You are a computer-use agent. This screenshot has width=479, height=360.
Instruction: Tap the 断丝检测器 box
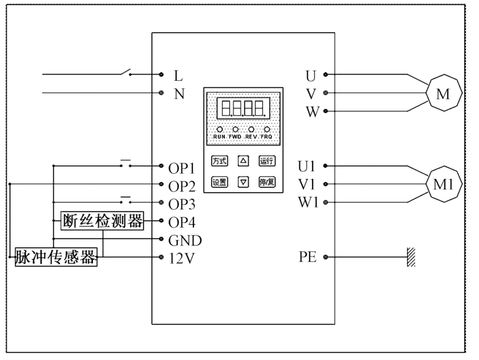(x=103, y=221)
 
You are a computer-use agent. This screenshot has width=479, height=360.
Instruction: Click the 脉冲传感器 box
(x=56, y=258)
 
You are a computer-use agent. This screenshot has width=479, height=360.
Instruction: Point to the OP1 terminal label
(x=182, y=166)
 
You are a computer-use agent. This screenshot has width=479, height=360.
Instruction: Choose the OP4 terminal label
(x=182, y=222)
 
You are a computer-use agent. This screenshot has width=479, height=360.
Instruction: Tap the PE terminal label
(x=307, y=258)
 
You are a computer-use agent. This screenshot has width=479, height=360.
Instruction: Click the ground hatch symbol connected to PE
(x=411, y=258)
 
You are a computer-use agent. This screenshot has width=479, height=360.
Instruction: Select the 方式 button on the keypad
(x=219, y=161)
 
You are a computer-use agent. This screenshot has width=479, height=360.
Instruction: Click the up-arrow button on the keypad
(x=243, y=161)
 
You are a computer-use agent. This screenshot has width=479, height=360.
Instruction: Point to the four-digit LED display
(x=243, y=108)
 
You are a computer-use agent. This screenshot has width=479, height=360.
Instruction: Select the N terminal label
(x=178, y=94)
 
